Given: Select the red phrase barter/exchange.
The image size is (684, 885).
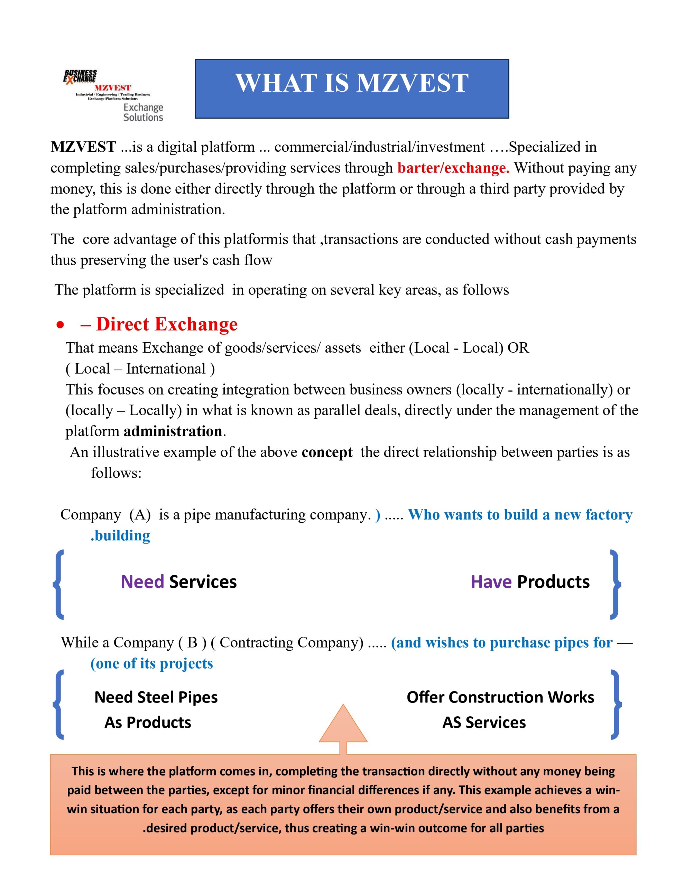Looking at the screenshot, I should pos(453,168).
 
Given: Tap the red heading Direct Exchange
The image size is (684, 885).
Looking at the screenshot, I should pos(166,324).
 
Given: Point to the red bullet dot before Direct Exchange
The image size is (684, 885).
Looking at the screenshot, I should pos(61,325).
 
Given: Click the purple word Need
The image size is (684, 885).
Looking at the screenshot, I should pos(142,582).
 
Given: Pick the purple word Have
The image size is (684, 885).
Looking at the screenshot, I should pos(491,582).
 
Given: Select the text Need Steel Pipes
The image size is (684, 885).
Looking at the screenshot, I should pos(156,697).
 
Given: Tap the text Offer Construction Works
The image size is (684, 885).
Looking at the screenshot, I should pos(500,697).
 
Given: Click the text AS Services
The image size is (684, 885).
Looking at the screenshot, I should pos(484,723).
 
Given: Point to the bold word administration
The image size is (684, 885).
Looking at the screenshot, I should pos(173,431).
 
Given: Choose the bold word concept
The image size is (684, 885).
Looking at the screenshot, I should pos(327,452).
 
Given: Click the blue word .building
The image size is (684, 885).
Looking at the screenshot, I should pos(120,536).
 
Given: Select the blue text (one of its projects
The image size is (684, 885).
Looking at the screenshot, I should pos(152,664).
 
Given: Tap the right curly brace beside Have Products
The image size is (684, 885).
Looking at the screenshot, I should pos(615,584).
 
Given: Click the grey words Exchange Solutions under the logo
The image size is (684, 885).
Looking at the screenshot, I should pos(143,112).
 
